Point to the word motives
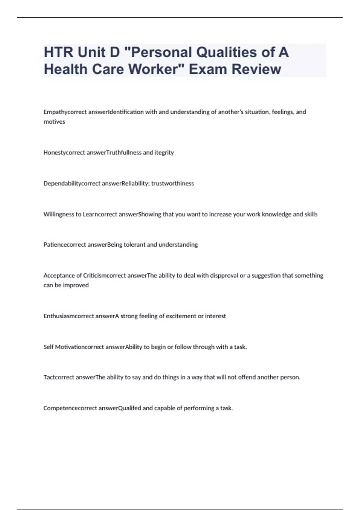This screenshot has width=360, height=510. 54,122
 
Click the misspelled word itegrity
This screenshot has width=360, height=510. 164,153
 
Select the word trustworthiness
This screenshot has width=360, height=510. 172,184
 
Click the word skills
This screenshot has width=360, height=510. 311,214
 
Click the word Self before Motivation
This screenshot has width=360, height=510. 48,347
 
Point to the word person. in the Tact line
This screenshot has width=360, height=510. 290,377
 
